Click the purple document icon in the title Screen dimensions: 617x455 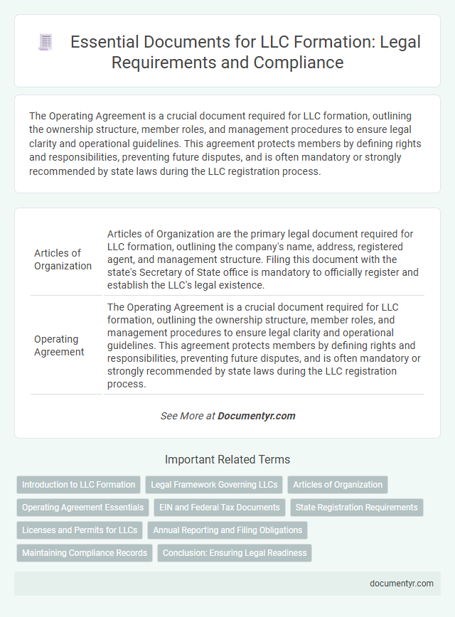point(45,43)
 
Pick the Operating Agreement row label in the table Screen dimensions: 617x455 point(59,345)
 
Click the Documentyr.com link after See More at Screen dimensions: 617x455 point(257,416)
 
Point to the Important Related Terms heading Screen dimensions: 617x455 point(227,459)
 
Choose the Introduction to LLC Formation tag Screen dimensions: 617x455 point(78,485)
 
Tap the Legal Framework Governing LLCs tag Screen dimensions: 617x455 point(214,485)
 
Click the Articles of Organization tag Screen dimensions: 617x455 point(338,485)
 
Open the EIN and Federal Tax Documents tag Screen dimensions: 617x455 point(220,508)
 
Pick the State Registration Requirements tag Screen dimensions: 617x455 point(357,508)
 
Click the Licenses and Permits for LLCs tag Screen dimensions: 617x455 point(79,530)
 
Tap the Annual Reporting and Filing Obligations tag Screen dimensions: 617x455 point(227,530)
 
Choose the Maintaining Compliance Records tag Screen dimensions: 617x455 point(85,552)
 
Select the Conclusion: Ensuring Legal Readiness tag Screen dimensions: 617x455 point(235,552)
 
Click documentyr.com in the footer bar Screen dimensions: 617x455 point(402,583)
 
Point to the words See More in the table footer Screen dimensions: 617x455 point(181,416)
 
